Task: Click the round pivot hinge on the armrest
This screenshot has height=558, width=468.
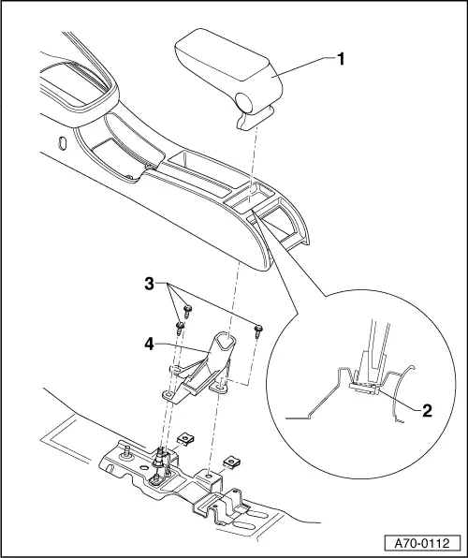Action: coord(246,101)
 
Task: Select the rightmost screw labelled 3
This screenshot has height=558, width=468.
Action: coord(259,329)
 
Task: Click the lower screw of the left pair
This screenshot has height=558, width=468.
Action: coord(178,327)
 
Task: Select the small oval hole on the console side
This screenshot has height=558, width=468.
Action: coord(62,145)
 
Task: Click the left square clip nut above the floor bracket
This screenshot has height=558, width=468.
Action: coord(188,436)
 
